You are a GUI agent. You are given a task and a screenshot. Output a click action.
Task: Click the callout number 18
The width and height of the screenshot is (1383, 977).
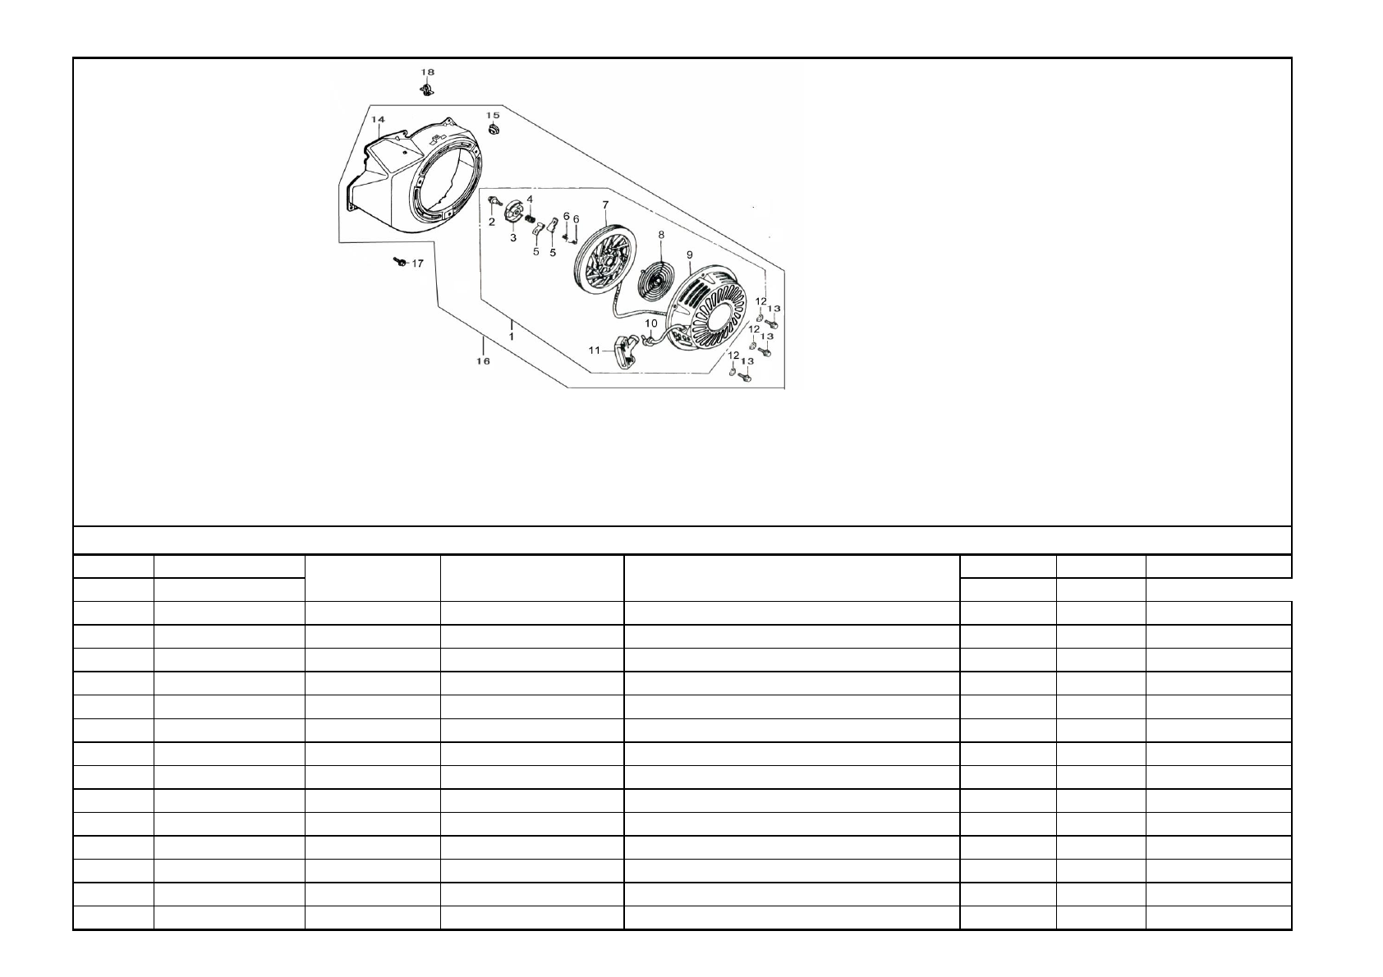pyautogui.click(x=427, y=72)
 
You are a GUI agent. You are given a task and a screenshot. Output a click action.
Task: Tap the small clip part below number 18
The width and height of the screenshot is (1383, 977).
pyautogui.click(x=426, y=91)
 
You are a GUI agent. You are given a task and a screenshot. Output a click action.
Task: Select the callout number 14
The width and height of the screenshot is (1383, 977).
pyautogui.click(x=378, y=119)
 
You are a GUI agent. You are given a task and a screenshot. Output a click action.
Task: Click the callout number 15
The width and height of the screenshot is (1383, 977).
pyautogui.click(x=493, y=116)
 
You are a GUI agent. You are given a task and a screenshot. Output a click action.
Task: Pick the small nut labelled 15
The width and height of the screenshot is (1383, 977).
pyautogui.click(x=493, y=130)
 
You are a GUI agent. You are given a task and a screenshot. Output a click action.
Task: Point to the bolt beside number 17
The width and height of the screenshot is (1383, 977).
pyautogui.click(x=399, y=262)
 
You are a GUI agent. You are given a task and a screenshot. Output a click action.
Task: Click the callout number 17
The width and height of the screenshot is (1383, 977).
pyautogui.click(x=417, y=264)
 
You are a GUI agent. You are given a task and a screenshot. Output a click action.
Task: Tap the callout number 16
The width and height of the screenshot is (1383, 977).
pyautogui.click(x=483, y=361)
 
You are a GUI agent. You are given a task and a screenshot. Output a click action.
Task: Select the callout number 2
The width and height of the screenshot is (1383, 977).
pyautogui.click(x=491, y=222)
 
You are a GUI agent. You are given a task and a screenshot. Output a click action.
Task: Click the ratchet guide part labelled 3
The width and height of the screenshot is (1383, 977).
pyautogui.click(x=512, y=215)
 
